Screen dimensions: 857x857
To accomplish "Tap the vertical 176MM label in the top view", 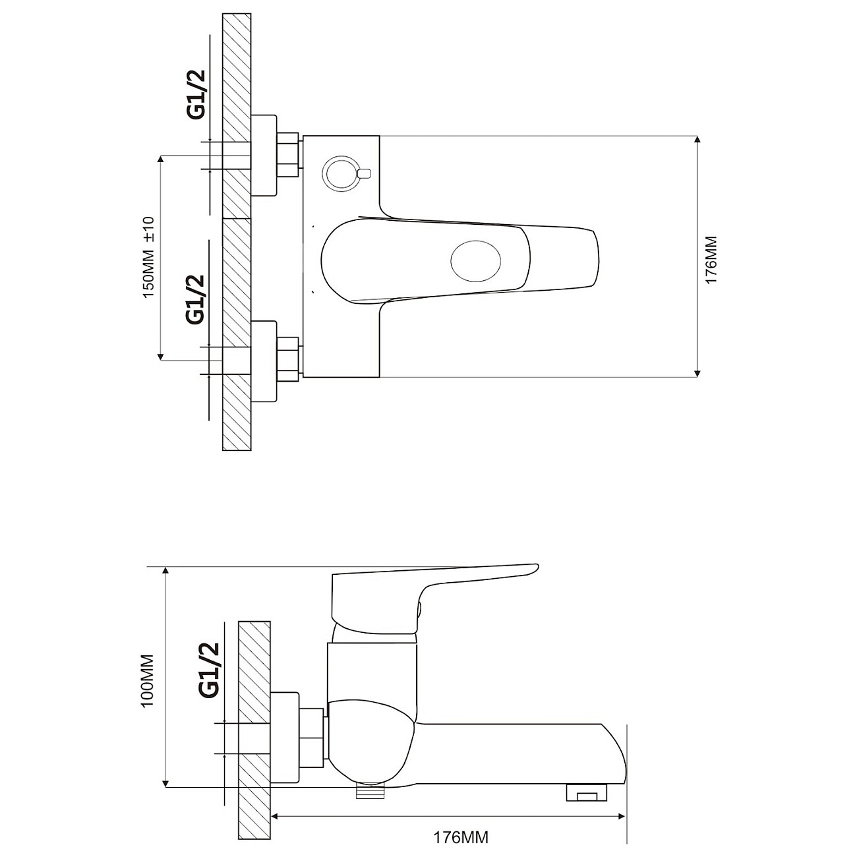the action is click(711, 260).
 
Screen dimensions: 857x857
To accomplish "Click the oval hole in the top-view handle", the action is click(476, 261).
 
